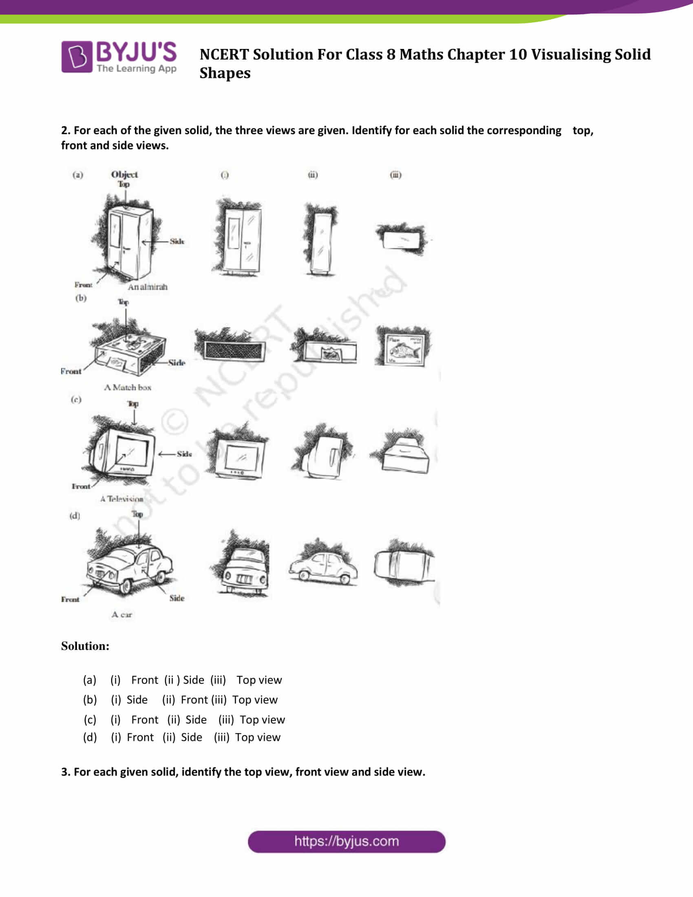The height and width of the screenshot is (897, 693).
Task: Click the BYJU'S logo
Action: coord(119,57)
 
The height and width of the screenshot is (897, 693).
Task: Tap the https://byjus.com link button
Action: coord(346,842)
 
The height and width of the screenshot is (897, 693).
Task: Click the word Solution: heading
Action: coord(85,646)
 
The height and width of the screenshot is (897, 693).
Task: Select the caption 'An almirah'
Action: coord(148,287)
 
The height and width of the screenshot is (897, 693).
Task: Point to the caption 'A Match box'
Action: coord(128,387)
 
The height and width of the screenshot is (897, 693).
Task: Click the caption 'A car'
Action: coord(121,614)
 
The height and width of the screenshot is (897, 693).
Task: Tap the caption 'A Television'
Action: coord(121,499)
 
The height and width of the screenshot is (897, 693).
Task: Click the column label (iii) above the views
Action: coord(395,175)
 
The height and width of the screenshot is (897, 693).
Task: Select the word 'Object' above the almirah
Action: coord(124,174)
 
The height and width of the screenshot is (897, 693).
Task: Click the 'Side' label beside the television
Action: coord(184,454)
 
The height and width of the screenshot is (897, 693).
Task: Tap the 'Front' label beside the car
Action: coord(70,599)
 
